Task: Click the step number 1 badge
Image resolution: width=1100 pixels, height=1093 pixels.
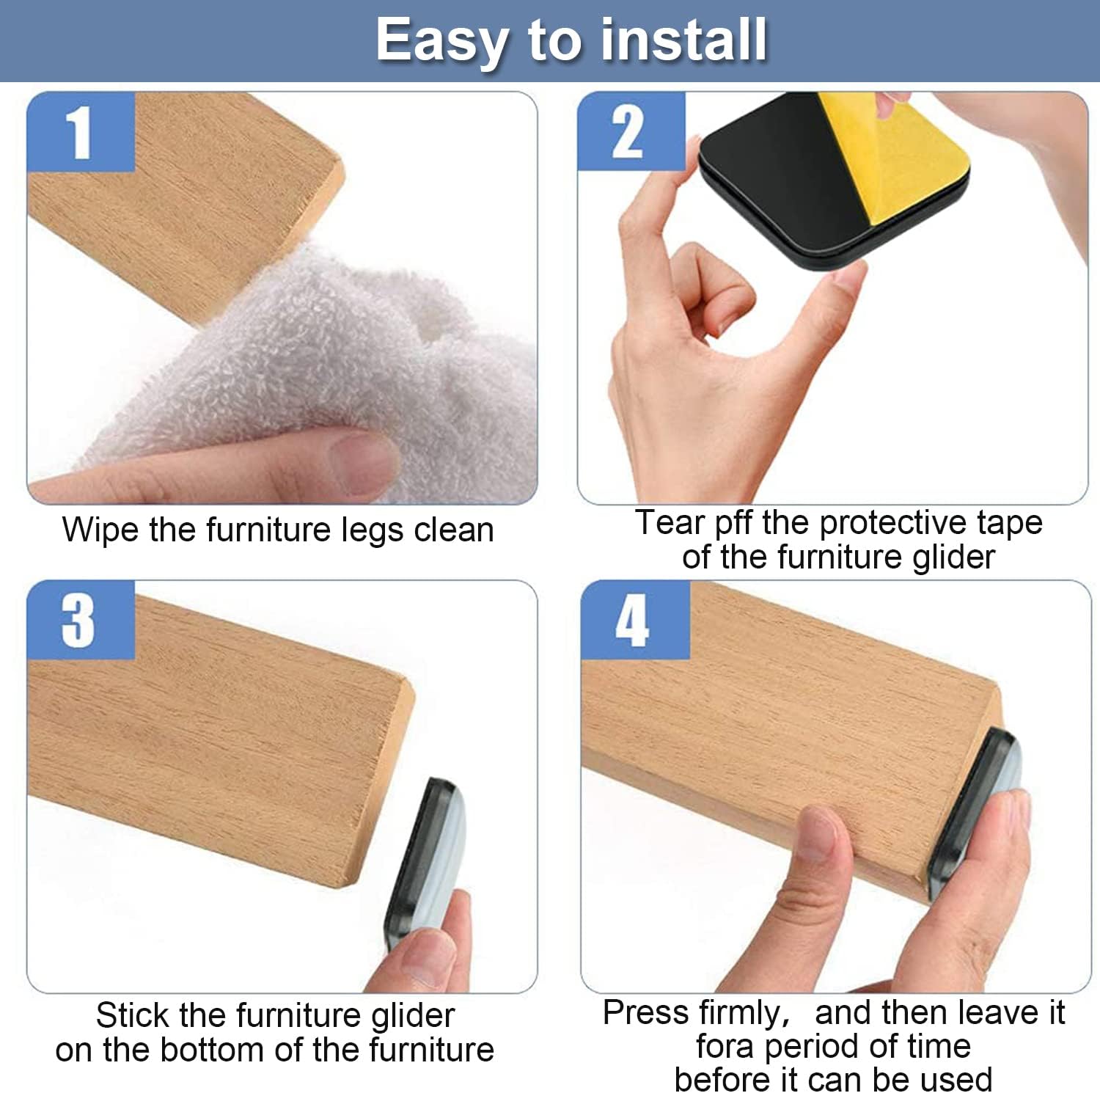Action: [80, 132]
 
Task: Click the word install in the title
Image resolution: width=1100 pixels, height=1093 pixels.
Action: [683, 40]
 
